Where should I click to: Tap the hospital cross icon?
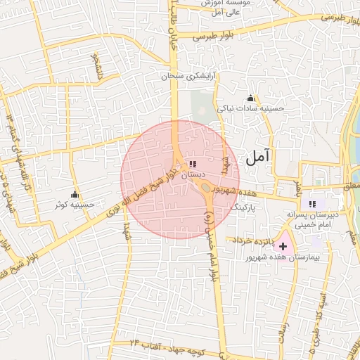283,247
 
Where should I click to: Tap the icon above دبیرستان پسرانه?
313,204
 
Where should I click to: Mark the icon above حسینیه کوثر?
75,195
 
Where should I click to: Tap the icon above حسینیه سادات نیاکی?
250,98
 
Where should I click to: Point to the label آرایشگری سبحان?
186,75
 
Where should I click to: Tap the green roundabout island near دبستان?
206,187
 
